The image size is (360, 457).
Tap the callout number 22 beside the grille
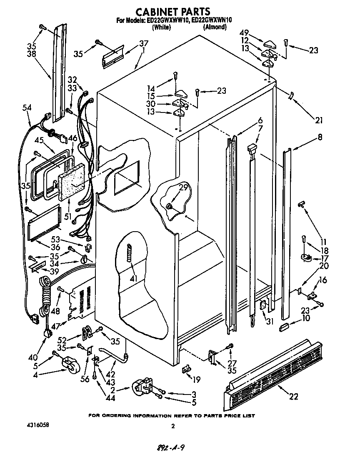293,396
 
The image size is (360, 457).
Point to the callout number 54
26,108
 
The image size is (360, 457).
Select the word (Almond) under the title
215,27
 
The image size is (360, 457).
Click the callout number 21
318,120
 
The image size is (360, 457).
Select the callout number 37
143,43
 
